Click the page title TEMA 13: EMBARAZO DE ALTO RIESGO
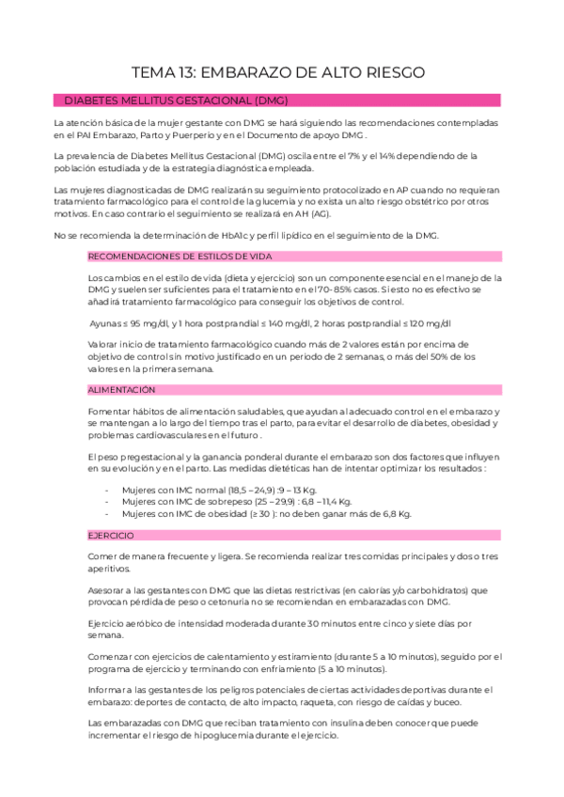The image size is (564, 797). pos(282,71)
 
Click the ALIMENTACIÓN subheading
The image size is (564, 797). pos(121,388)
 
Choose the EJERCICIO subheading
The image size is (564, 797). pos(112,535)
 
